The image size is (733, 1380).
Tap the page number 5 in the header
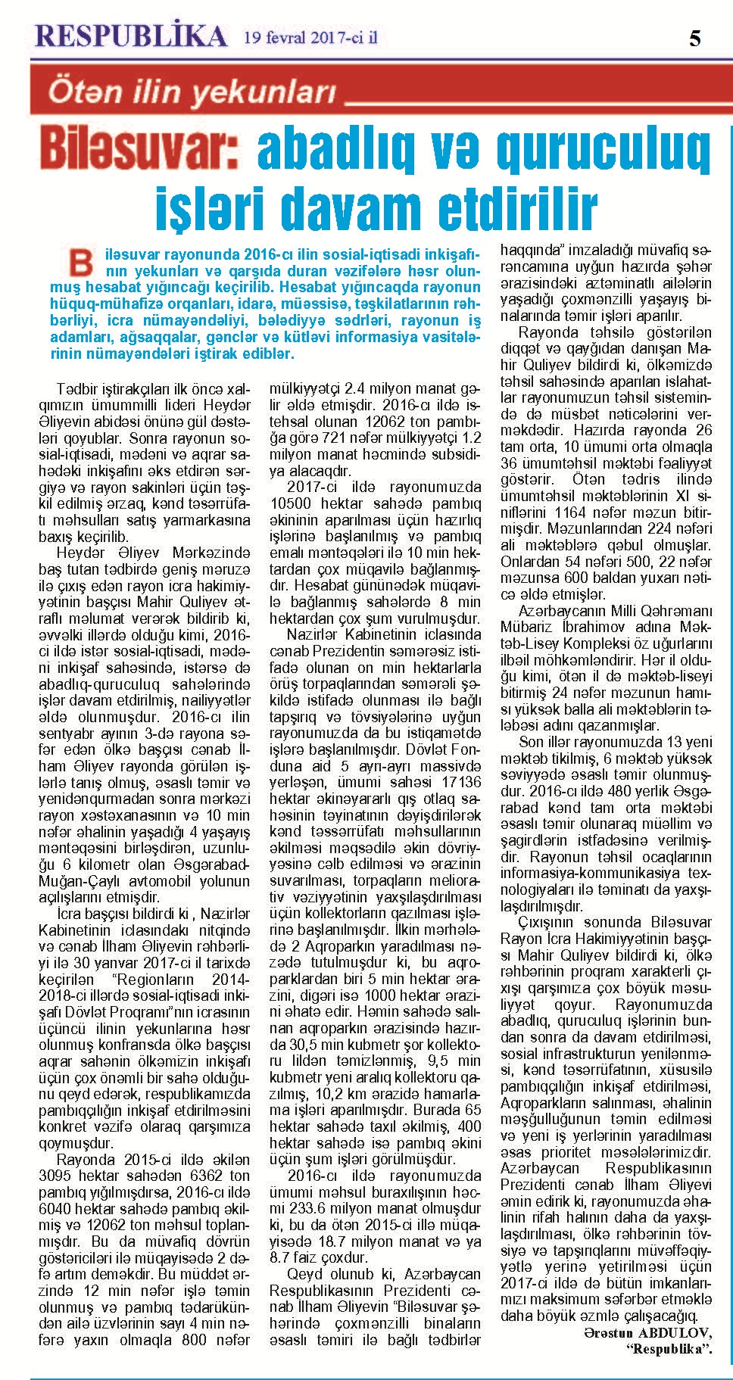click(694, 39)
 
